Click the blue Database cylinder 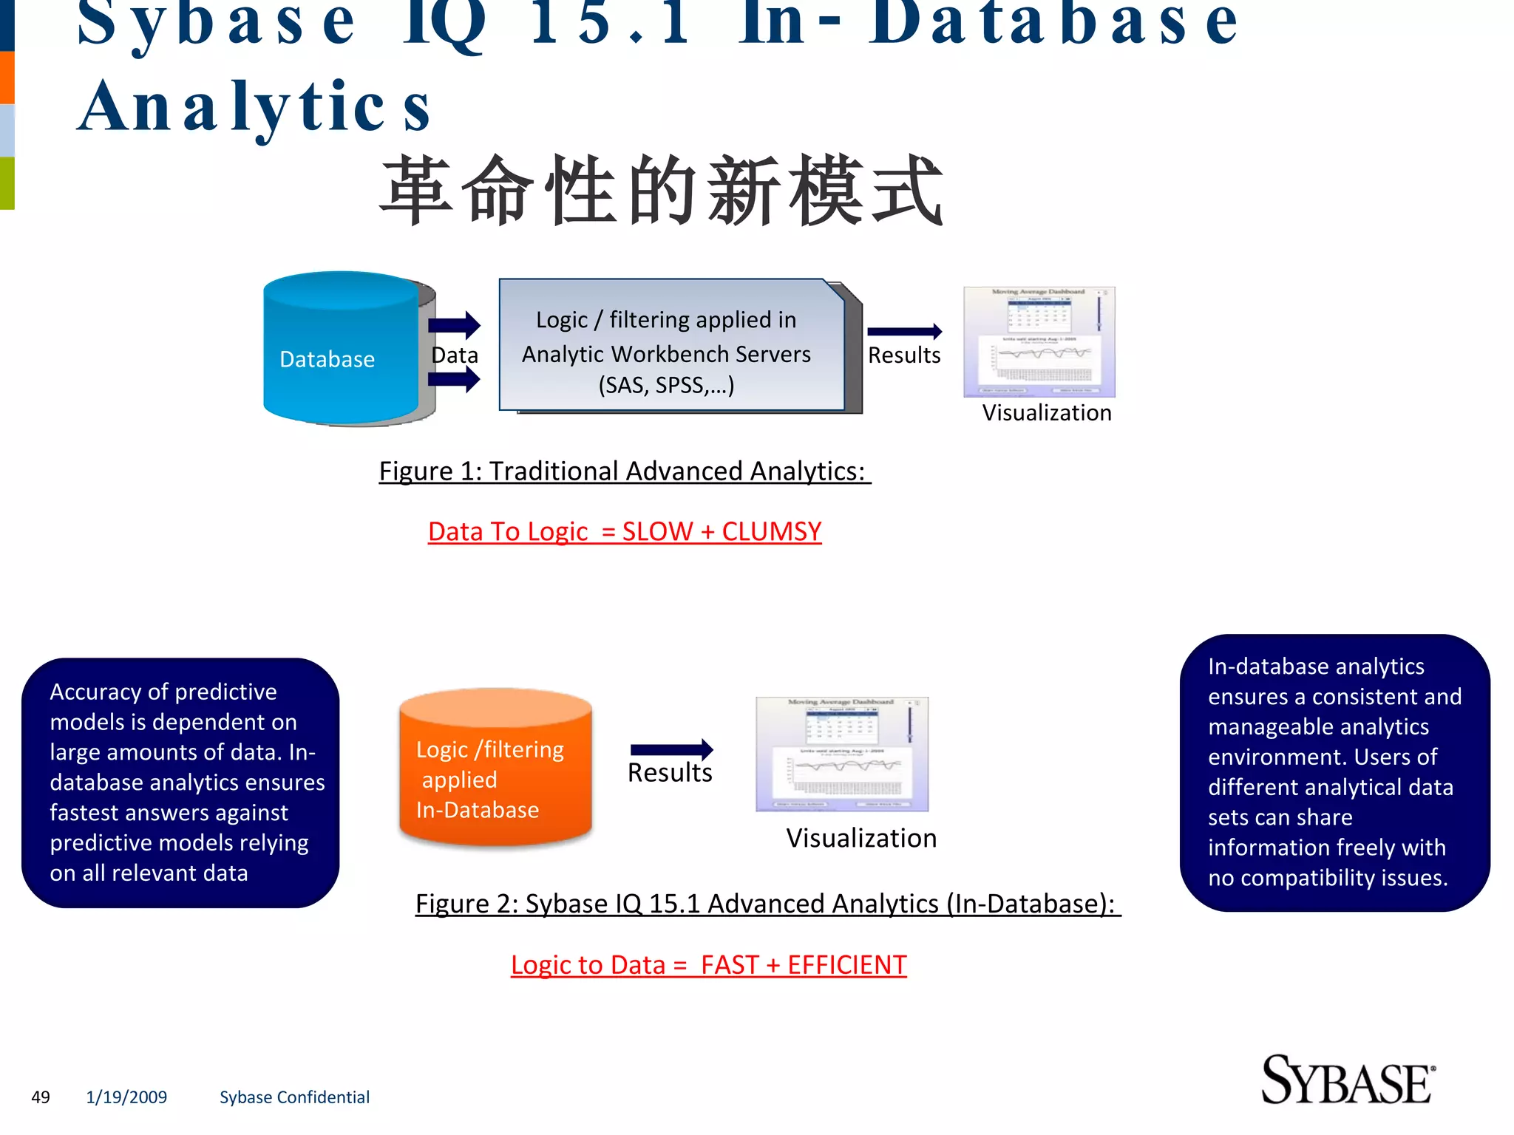[342, 349]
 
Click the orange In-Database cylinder [495, 768]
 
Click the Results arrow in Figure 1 [904, 332]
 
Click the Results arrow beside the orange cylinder [671, 750]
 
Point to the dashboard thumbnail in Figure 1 [1039, 342]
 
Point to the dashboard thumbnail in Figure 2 [841, 754]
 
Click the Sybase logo [1347, 1080]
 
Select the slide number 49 [41, 1097]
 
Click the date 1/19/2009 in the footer [126, 1097]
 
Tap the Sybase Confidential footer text [294, 1097]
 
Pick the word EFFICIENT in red [846, 965]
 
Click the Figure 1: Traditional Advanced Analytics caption [625, 471]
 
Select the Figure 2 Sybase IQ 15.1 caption [767, 904]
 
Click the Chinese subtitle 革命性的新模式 [662, 191]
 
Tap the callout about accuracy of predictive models [180, 783]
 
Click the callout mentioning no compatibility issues [1334, 772]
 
